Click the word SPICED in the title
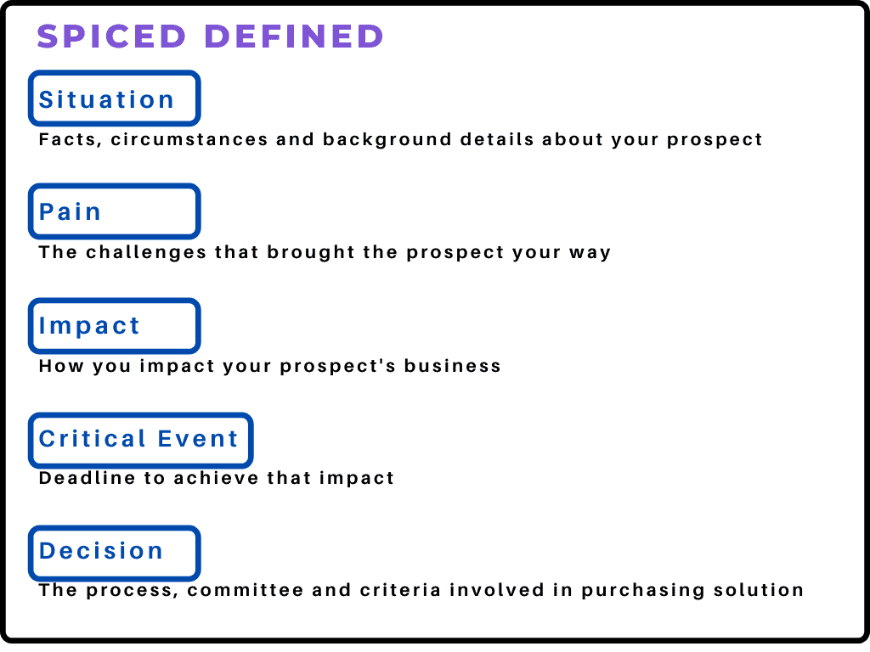111,37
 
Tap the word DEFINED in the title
295,37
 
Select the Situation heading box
115,98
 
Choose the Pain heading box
115,211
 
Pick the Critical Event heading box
140,439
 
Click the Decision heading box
115,552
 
